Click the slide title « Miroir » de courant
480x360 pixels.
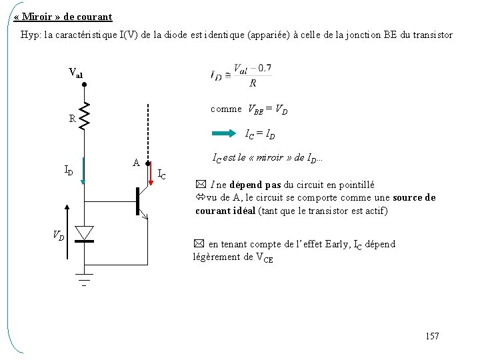[x=63, y=16]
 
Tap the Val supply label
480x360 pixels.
[x=76, y=73]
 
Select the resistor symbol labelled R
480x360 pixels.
[x=85, y=117]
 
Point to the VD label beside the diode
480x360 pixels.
[x=59, y=234]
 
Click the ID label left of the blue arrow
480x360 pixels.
[x=69, y=170]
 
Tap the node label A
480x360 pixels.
[x=135, y=163]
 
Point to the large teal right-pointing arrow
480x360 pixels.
[x=217, y=134]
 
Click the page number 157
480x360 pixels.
[x=431, y=336]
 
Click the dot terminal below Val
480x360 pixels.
[x=85, y=85]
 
